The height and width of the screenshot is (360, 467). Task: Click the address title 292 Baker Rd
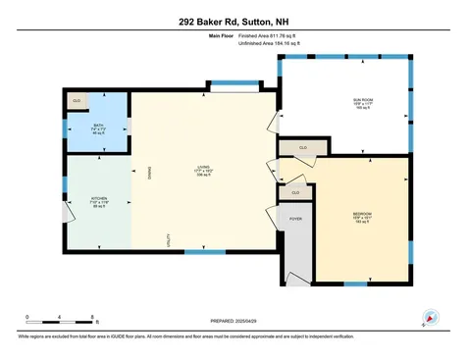click(x=233, y=21)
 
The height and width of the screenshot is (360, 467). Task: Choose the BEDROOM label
click(x=362, y=214)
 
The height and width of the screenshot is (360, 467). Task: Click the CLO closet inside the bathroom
click(x=78, y=101)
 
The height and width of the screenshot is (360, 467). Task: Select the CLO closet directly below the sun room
click(x=302, y=147)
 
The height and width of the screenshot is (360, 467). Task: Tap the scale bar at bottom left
click(x=60, y=320)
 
